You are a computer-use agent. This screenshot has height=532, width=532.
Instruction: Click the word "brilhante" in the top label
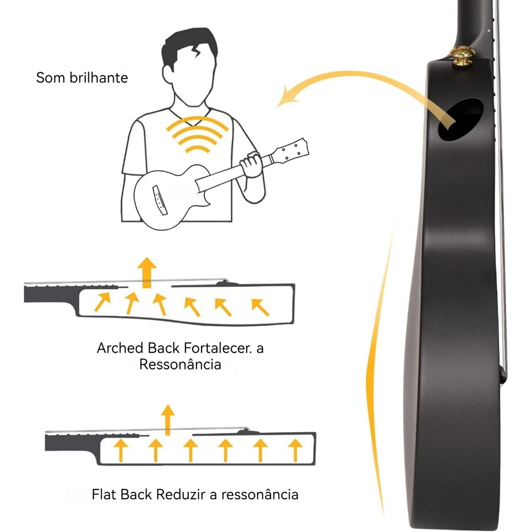point(99,78)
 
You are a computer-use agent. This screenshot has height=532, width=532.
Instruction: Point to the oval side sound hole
point(461,119)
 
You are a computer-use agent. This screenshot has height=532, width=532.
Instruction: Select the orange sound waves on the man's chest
point(197,135)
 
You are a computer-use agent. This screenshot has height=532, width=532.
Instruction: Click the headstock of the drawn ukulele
point(291,151)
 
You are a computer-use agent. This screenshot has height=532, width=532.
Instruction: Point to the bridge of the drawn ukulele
point(160,200)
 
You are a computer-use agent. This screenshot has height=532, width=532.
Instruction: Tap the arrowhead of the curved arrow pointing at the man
point(287,97)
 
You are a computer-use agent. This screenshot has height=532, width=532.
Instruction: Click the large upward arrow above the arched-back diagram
point(147,272)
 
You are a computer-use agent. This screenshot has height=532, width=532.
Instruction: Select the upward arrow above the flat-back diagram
point(167,420)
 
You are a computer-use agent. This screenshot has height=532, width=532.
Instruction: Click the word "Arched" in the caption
point(120,349)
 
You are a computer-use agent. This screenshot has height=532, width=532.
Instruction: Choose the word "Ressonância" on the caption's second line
point(180,365)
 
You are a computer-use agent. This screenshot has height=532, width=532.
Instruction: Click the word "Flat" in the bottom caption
point(104,495)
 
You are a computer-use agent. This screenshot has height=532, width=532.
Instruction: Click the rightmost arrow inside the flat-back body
point(295,450)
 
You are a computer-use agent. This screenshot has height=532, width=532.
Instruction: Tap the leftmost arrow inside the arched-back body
point(102,301)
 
